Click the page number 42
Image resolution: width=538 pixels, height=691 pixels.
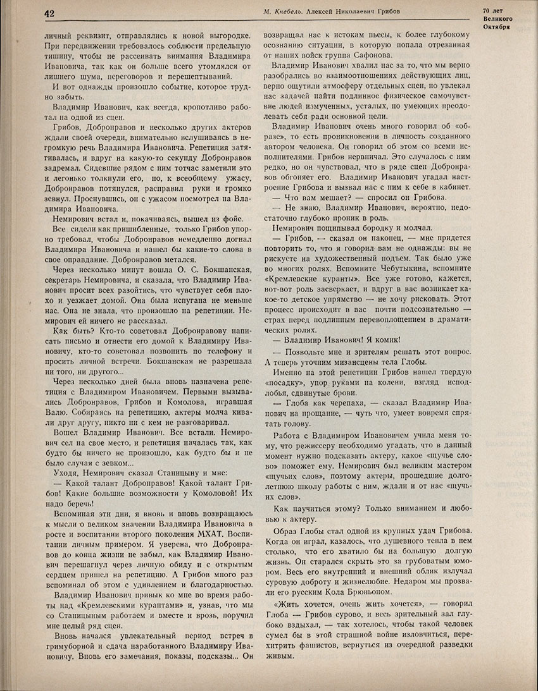pos(49,13)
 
